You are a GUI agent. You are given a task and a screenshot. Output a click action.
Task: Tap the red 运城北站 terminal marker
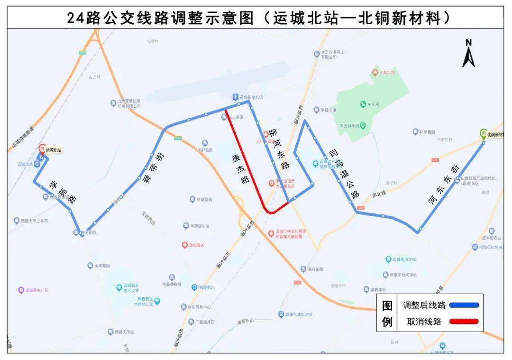tap(42, 148)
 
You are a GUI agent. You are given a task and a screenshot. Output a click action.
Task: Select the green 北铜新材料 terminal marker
tap(484, 133)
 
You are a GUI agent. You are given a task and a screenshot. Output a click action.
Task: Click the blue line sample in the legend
tap(464, 305)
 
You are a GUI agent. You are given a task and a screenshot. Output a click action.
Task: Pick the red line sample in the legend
tap(464, 322)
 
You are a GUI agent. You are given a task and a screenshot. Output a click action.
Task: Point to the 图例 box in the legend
tap(387, 314)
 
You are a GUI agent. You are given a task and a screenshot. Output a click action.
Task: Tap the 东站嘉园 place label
tap(204, 200)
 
